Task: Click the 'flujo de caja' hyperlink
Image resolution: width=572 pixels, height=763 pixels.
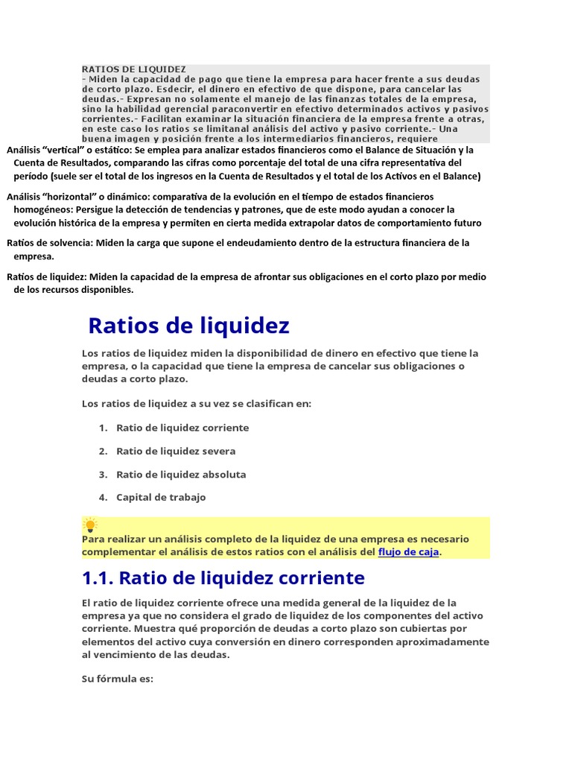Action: click(x=408, y=552)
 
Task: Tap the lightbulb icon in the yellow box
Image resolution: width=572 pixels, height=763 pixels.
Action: click(x=90, y=525)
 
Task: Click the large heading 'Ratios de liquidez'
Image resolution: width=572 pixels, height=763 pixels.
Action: click(x=188, y=326)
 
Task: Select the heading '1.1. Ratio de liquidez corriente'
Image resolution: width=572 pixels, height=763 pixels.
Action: click(x=223, y=578)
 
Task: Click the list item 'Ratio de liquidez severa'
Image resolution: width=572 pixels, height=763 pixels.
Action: click(x=176, y=451)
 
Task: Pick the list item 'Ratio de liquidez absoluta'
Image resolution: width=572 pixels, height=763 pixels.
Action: click(x=181, y=474)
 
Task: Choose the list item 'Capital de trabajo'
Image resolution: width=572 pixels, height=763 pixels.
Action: click(x=161, y=497)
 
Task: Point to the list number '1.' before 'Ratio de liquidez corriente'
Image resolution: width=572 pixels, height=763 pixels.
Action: click(x=103, y=428)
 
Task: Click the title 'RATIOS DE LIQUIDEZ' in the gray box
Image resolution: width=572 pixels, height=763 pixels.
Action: click(x=134, y=69)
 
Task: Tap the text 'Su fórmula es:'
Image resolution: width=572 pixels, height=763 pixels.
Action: click(x=118, y=679)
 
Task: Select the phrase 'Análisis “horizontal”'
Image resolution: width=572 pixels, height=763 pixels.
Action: click(x=49, y=197)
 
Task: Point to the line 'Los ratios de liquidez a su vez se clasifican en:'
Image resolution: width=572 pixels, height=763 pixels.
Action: click(x=197, y=404)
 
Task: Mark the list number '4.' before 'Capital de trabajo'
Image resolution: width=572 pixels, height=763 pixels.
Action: click(x=103, y=497)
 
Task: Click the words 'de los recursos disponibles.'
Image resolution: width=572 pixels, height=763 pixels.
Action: click(x=74, y=290)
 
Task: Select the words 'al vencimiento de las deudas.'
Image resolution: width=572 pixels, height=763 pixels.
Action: click(x=156, y=655)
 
